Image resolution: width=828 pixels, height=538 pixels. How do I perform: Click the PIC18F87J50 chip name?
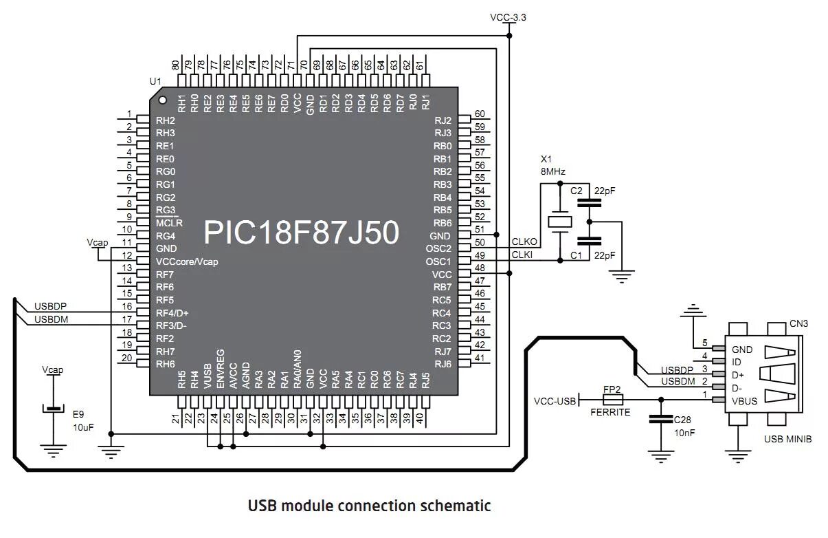point(301,233)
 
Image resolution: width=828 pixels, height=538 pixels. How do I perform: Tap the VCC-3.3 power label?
point(508,17)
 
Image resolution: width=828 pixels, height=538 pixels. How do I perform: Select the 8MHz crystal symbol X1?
point(559,222)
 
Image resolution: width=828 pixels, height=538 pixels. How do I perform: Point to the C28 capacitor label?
point(682,420)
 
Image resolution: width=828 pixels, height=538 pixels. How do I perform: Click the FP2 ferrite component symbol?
point(612,400)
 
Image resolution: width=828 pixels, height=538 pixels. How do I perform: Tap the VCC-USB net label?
point(555,401)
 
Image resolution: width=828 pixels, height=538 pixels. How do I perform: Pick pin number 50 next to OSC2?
point(480,243)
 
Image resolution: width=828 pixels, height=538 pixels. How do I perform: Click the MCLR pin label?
point(169,224)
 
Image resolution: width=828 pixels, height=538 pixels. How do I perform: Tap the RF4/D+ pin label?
point(172,313)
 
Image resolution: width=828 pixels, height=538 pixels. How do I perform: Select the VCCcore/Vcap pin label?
point(187,262)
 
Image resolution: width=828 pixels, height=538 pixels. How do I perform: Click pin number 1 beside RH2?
point(128,115)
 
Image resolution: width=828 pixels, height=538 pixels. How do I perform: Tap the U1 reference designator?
point(155,82)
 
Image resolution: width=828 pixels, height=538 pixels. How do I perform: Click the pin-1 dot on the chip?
point(162,99)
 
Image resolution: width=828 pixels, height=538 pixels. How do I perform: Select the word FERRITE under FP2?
point(610,413)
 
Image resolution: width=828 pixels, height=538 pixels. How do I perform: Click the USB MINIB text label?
point(787,439)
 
